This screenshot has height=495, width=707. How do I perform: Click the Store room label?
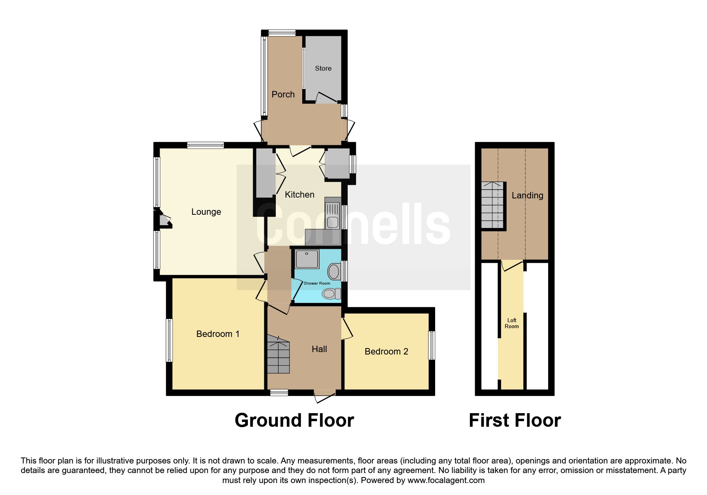[x=323, y=68]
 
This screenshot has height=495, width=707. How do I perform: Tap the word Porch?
[x=283, y=94]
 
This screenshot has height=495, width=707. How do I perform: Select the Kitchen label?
[x=299, y=194]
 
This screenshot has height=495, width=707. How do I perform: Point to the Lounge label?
[x=206, y=212]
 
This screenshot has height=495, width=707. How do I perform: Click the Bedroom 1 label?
[x=218, y=334]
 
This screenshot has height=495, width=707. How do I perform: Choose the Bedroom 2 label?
[x=386, y=351]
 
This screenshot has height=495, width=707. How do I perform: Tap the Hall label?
[x=319, y=349]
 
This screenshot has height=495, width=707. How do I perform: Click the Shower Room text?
[x=317, y=283]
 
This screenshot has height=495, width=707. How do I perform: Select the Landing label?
[x=527, y=196]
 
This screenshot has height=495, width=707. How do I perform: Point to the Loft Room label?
[x=512, y=323]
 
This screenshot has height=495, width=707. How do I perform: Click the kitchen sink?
[x=332, y=216]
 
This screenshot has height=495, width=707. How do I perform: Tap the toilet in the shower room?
[x=331, y=294]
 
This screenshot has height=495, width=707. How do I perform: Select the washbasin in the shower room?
[x=334, y=272]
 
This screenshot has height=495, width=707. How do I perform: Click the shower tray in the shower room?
[x=307, y=259]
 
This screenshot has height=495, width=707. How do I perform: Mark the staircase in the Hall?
[x=278, y=355]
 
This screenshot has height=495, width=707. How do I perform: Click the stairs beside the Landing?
[x=493, y=205]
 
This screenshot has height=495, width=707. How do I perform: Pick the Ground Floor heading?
[x=294, y=420]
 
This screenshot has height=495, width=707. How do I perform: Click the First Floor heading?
[x=515, y=420]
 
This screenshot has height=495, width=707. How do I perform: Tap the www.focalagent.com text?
[x=446, y=480]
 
